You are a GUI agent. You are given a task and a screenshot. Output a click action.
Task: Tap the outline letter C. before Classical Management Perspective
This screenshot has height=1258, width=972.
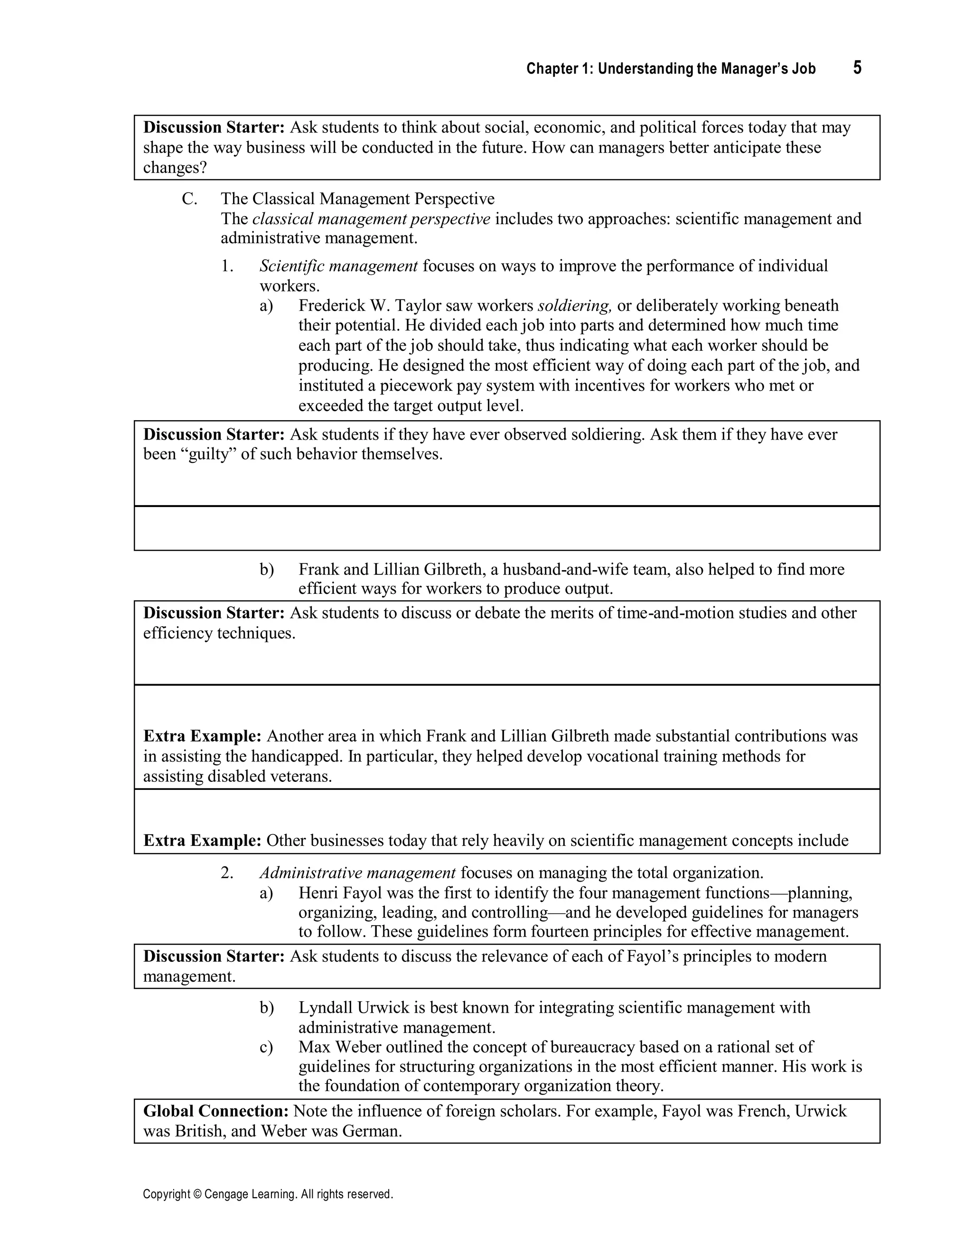point(189,199)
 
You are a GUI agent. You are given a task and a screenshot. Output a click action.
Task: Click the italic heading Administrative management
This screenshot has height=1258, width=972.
point(357,873)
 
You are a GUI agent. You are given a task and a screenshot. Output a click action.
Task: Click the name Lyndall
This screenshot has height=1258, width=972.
point(325,1007)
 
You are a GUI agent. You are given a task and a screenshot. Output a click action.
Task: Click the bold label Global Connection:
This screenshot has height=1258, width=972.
point(216,1111)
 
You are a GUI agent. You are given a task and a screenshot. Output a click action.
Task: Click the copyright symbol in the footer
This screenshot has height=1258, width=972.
point(196,1194)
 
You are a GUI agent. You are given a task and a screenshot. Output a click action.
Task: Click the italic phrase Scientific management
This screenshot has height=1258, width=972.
point(338,266)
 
